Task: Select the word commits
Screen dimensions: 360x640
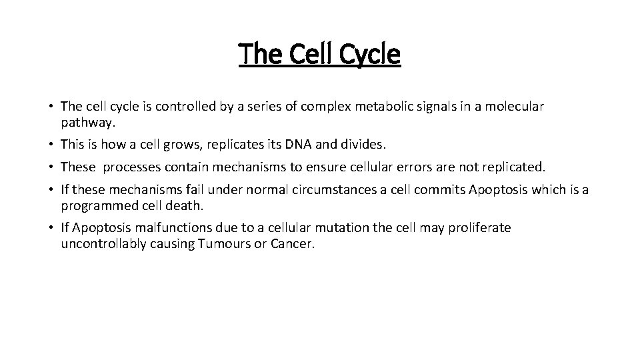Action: pyautogui.click(x=440, y=191)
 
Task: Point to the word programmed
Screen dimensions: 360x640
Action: pyautogui.click(x=94, y=206)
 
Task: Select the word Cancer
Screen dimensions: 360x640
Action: pyautogui.click(x=292, y=244)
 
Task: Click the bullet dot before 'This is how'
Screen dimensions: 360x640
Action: pyautogui.click(x=51, y=144)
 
